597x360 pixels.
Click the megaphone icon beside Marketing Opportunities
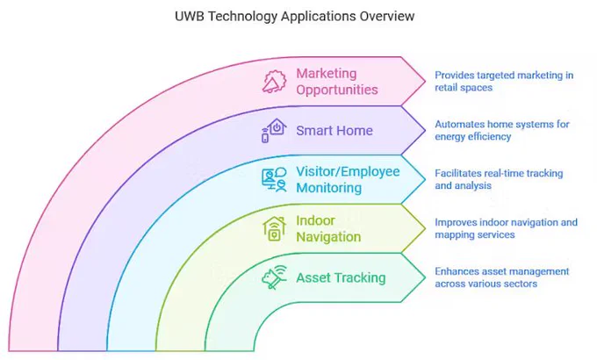coord(274,81)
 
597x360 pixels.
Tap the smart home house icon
coord(274,130)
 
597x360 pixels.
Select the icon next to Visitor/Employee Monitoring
coord(274,179)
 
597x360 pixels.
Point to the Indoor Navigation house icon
coord(274,228)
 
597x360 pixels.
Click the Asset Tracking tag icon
coord(274,277)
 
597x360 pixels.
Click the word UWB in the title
coord(190,16)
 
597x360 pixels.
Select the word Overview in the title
coord(387,16)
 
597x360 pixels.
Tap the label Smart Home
coord(334,131)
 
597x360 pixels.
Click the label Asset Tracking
coord(341,277)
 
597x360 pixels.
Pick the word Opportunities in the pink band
coord(337,90)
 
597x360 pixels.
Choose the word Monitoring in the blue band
coord(328,188)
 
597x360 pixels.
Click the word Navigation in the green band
coord(328,237)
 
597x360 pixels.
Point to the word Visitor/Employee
coord(348,172)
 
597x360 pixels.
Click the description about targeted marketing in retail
coord(504,81)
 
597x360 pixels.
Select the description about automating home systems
coord(502,130)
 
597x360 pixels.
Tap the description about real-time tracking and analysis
coord(499,179)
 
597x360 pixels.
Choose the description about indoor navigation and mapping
coord(506,228)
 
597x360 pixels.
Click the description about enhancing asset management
coord(502,277)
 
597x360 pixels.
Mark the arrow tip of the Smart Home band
coord(425,130)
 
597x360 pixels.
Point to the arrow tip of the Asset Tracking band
coord(425,277)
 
